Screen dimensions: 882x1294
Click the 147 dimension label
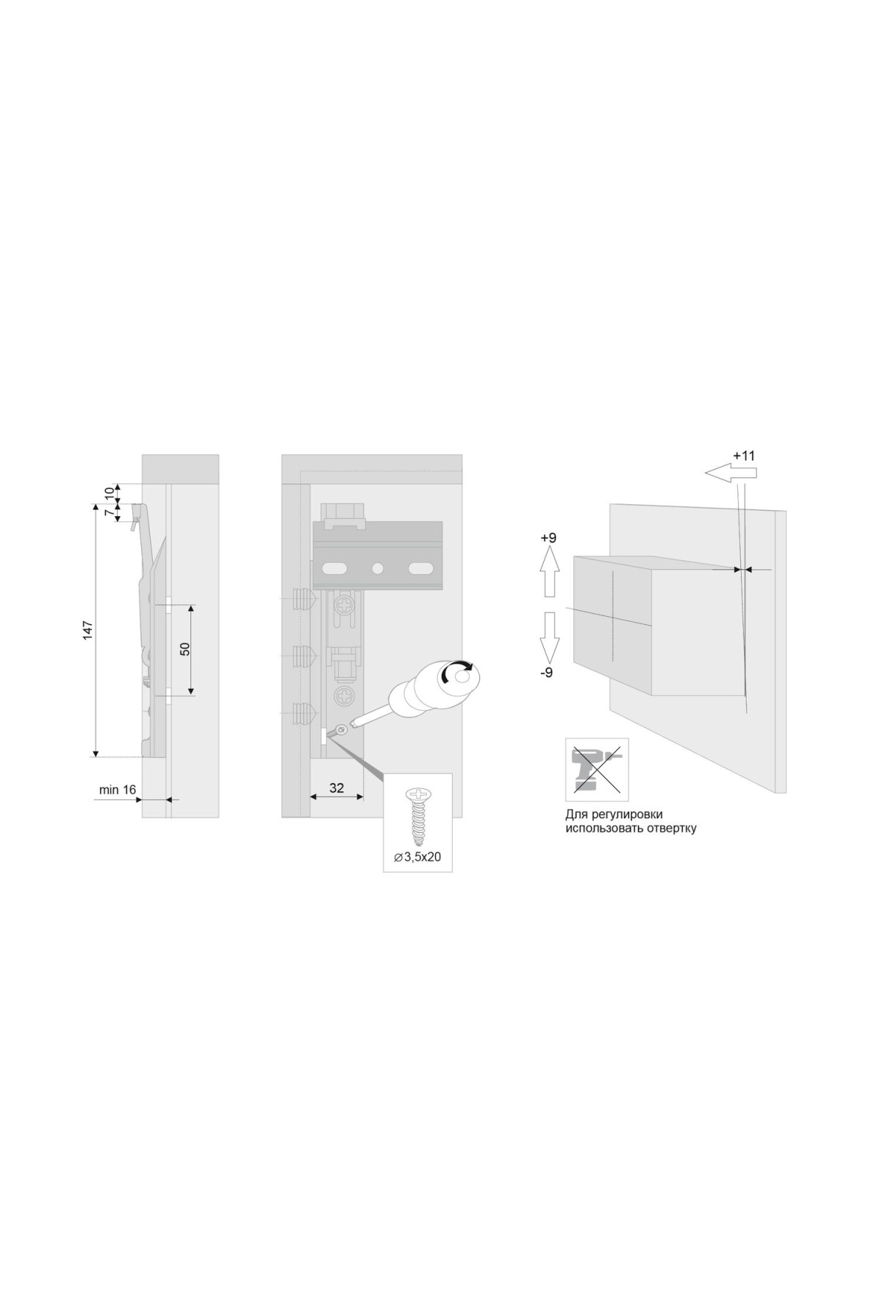tap(87, 630)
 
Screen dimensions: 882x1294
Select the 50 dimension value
tap(185, 649)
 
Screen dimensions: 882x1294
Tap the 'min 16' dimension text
tap(118, 790)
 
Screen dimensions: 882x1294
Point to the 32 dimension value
tap(337, 788)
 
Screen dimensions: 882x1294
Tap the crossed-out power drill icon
tap(597, 769)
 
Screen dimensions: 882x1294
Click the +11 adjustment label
tap(744, 456)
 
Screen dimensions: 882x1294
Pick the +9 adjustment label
tap(548, 538)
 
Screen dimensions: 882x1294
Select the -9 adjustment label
tap(547, 672)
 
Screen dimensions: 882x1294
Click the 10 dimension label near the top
tap(111, 493)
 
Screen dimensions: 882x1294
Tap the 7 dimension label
tap(111, 512)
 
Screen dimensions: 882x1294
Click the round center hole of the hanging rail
tap(378, 568)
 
